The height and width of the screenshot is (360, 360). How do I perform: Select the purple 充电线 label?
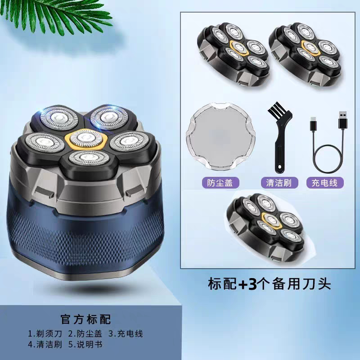[324, 182]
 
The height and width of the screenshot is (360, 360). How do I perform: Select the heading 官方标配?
[85, 320]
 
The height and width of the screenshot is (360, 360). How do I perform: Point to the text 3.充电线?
[126, 334]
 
